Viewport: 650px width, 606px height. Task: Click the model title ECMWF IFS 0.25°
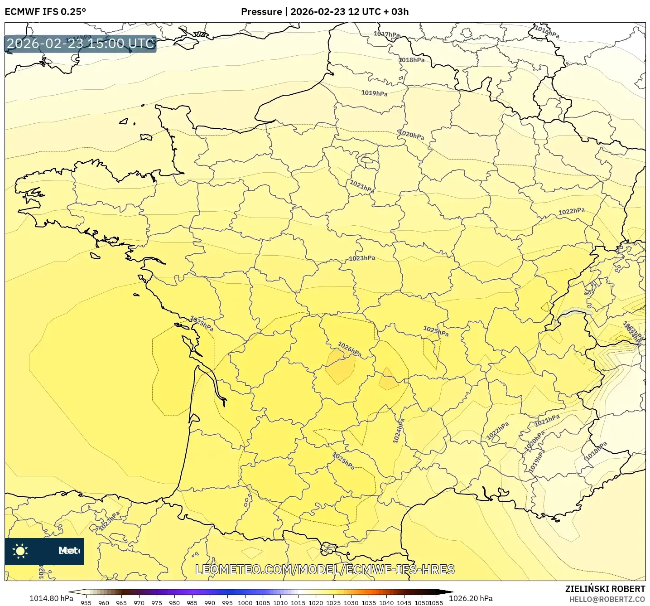point(45,12)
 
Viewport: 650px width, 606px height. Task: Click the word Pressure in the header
point(261,12)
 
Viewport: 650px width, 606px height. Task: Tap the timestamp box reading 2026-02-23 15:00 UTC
point(81,44)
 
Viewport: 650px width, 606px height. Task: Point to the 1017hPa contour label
point(386,34)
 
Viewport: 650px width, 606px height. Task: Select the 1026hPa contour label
point(349,349)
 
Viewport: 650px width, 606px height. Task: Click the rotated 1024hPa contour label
point(399,431)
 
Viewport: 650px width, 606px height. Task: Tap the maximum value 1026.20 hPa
point(471,598)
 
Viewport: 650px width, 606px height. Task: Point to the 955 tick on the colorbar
point(86,603)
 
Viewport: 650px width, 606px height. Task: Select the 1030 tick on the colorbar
point(351,603)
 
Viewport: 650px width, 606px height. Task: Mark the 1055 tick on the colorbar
point(436,603)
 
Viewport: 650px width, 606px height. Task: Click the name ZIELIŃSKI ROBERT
point(605,589)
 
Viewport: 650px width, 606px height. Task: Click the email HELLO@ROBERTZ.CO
point(607,599)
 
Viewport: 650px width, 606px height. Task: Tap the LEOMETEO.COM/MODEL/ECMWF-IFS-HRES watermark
point(325,569)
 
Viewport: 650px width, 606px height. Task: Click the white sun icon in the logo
point(20,551)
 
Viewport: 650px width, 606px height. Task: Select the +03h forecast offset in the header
point(400,12)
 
